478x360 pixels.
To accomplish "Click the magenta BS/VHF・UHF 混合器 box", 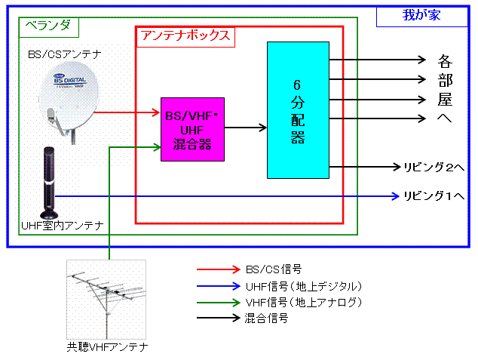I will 192,129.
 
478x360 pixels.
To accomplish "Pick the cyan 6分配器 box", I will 297,109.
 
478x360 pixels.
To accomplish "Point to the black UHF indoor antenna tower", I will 50,181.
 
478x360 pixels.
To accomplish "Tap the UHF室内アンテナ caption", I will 63,225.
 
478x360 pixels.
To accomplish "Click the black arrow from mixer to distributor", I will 245,128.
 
